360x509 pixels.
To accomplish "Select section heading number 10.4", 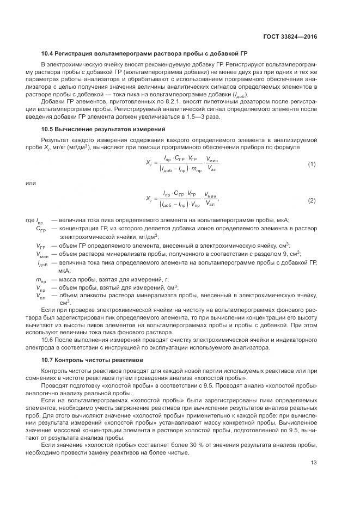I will pos(48,54).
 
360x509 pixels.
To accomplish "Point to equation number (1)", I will pos(312,164).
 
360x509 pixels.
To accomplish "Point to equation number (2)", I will pos(312,200).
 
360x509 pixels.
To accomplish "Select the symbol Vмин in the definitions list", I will pos(41,253).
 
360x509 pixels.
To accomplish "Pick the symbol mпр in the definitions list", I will pos(41,279).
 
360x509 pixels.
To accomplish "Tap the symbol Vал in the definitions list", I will pos(41,296).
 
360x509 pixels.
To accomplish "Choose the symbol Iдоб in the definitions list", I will pos(41,262).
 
